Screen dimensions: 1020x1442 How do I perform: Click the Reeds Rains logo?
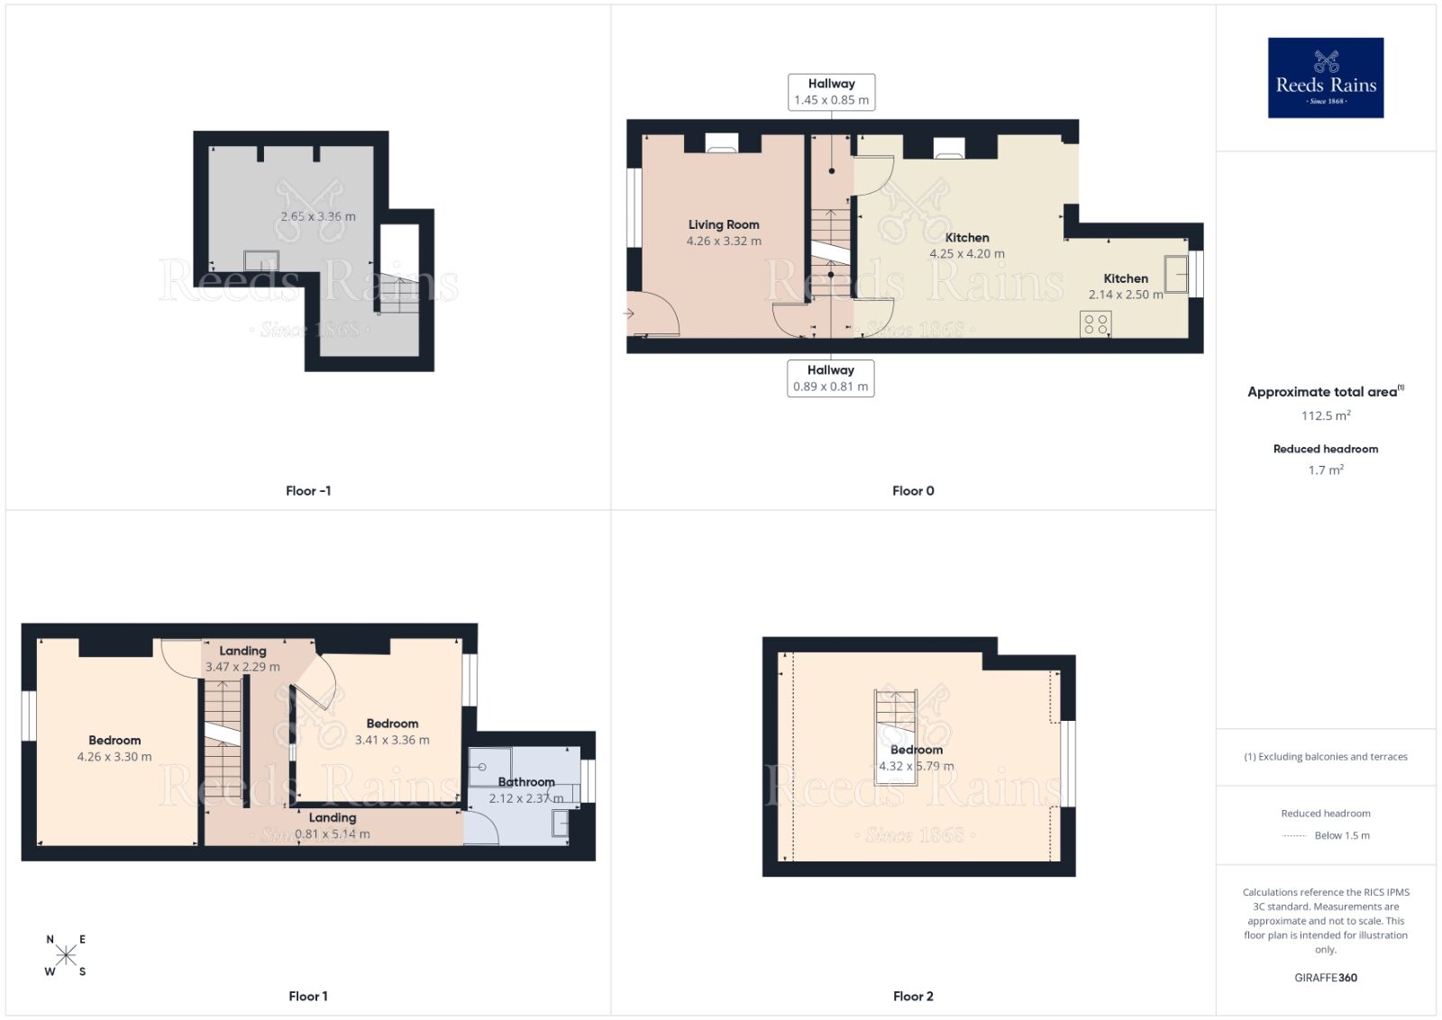tap(1325, 77)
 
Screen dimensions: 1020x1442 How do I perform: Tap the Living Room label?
tap(724, 224)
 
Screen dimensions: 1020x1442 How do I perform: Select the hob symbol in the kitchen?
tap(1096, 323)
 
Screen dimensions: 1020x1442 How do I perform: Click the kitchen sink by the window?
tap(1175, 274)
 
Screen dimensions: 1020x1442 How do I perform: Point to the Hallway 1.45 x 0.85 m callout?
tap(831, 92)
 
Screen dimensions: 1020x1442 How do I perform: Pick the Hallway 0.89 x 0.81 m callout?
tap(830, 378)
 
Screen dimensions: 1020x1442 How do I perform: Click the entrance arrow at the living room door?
tap(628, 314)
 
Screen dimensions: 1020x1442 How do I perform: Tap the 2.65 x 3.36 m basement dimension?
tap(317, 216)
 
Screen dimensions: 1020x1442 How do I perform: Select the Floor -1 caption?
tap(308, 491)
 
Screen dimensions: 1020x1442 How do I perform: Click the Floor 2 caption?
tap(913, 996)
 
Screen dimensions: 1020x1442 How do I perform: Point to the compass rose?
tap(66, 955)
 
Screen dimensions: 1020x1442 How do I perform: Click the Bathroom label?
tap(526, 782)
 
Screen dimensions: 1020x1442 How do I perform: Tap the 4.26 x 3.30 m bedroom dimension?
tap(114, 757)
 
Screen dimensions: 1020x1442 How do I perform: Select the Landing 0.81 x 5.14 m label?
tap(333, 825)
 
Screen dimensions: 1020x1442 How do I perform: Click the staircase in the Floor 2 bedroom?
tap(896, 721)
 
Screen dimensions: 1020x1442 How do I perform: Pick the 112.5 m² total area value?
tap(1325, 415)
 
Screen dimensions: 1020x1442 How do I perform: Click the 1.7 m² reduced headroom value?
tap(1325, 469)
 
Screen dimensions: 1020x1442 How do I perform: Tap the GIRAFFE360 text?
tap(1325, 978)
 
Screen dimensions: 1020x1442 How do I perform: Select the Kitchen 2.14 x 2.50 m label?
tap(1126, 287)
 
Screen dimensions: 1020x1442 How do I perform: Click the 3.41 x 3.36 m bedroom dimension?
tap(392, 740)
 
